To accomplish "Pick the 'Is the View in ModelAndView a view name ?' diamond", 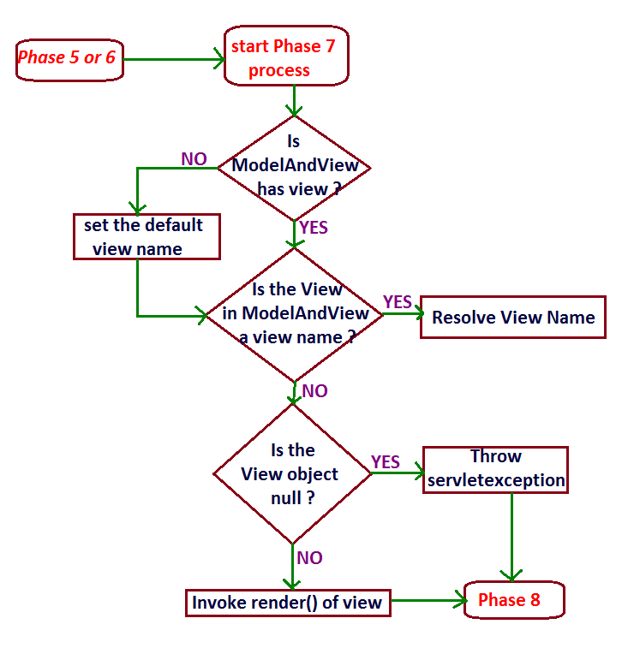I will [294, 313].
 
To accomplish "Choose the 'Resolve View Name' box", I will [512, 318].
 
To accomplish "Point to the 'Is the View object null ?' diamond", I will [292, 473].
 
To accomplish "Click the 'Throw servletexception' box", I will [496, 469].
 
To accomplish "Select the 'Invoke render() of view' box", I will [287, 603].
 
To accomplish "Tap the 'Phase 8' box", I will [512, 600].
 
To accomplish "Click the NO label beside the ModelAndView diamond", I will [194, 158].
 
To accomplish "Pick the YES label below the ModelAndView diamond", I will [313, 228].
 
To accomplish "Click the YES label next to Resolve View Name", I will [398, 301].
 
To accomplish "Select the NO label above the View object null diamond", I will [315, 391].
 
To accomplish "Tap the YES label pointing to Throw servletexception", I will [386, 462].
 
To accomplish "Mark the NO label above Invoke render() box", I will [309, 558].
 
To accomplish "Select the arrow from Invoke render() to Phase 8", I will [426, 602].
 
